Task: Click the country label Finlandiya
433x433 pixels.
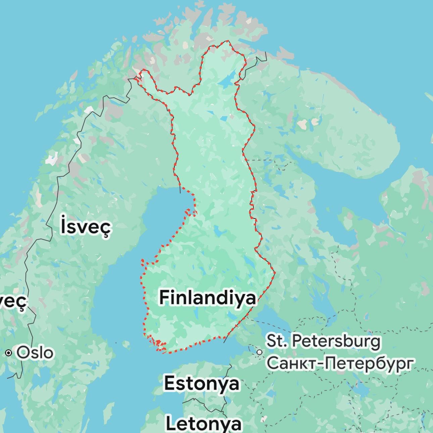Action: (207, 298)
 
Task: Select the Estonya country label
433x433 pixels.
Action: (202, 383)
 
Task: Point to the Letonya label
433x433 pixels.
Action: (204, 424)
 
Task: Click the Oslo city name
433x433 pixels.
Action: (35, 353)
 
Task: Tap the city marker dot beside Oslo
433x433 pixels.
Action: (9, 353)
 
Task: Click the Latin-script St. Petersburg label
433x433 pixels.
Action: (324, 341)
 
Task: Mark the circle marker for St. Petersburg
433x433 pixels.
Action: (259, 352)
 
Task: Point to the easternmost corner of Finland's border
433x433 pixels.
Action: (275, 272)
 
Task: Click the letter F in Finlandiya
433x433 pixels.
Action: (163, 298)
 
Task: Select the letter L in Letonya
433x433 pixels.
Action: (172, 424)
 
